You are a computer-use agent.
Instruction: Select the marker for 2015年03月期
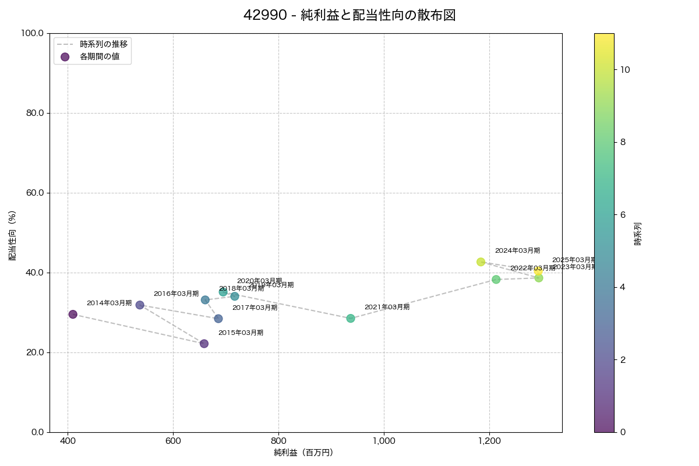pyautogui.click(x=204, y=344)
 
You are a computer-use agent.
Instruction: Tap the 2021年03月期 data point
pyautogui.click(x=350, y=318)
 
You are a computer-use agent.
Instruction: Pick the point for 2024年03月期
pyautogui.click(x=481, y=262)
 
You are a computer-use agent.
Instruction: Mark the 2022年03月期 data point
pyautogui.click(x=496, y=280)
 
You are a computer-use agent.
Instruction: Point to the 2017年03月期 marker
pyautogui.click(x=218, y=319)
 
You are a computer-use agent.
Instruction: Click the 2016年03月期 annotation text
pyautogui.click(x=176, y=294)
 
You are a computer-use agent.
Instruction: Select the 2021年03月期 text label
pyautogui.click(x=387, y=307)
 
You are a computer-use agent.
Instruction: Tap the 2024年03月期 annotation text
pyautogui.click(x=517, y=250)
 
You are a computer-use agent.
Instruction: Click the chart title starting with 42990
pyautogui.click(x=349, y=15)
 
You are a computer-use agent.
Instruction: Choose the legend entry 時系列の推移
pyautogui.click(x=104, y=44)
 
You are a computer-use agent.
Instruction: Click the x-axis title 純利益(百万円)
pyautogui.click(x=303, y=452)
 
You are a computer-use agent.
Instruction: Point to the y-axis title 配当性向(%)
pyautogui.click(x=12, y=235)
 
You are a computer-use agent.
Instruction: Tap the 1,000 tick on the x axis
pyautogui.click(x=384, y=441)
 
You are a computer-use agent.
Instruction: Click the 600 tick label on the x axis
pyautogui.click(x=173, y=441)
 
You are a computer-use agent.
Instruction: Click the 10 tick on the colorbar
pyautogui.click(x=625, y=69)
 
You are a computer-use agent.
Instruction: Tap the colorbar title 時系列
pyautogui.click(x=637, y=233)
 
